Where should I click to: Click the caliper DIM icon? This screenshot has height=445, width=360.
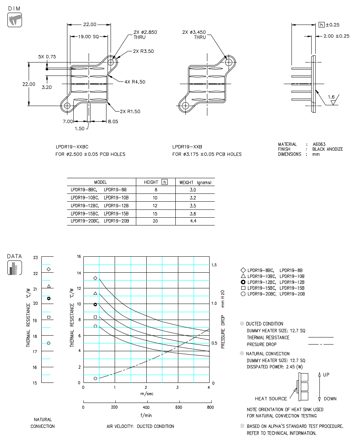pos(15,20)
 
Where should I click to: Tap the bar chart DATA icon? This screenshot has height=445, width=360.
pos(15,268)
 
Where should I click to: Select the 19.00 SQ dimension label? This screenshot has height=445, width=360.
pos(88,36)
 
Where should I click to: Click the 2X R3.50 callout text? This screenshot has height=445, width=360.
pos(143,51)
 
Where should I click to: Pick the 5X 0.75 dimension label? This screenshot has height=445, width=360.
pos(47,57)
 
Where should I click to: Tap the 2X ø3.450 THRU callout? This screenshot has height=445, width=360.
pos(194,35)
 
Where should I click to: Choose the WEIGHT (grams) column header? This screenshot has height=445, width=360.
pos(195,182)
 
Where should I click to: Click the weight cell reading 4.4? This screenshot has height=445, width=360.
pos(193,221)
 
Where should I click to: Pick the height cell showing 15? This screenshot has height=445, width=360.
pos(155,214)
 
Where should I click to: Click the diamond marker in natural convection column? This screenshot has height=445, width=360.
pos(49,269)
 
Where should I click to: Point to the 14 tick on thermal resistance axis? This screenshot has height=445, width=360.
pos(78,273)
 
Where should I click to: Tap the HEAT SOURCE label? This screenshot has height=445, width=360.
pos(271,399)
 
